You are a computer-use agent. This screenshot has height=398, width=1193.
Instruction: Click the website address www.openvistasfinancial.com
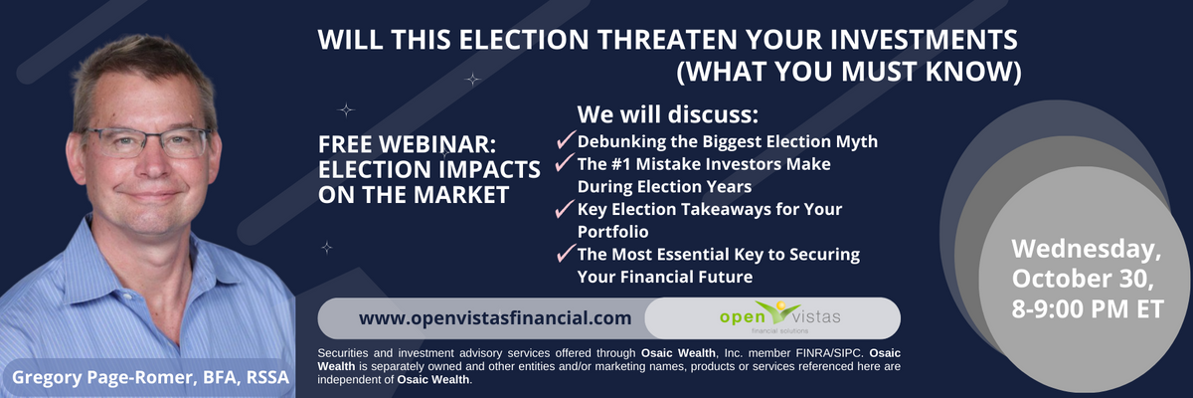coord(495,318)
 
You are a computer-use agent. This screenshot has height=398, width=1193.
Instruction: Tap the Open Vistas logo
coord(779,317)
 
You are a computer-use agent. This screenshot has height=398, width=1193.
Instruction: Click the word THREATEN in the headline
coord(667,40)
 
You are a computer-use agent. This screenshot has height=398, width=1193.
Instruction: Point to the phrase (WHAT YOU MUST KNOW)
coord(849,72)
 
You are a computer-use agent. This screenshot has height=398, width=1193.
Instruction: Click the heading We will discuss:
coord(668,114)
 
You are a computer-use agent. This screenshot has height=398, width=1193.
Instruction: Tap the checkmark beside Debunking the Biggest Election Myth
coord(566,139)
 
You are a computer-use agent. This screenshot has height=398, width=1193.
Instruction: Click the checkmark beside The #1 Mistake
coord(565,162)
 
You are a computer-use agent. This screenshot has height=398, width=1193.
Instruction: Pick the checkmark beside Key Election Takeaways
coord(565,209)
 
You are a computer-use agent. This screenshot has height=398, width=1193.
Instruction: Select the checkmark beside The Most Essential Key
coord(566,253)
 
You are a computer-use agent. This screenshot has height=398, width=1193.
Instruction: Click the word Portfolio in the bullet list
coord(613,232)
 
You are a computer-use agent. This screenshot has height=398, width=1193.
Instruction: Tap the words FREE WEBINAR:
coord(407,144)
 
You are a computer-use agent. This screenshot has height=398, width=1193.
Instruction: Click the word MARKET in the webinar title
coord(462,195)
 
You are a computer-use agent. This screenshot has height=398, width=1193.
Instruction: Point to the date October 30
coord(1083,279)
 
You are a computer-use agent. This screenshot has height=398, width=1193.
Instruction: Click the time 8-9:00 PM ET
coord(1088,309)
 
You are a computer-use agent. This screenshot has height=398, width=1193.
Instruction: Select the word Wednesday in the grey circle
coord(1086,249)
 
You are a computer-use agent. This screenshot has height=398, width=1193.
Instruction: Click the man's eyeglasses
coord(147,143)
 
